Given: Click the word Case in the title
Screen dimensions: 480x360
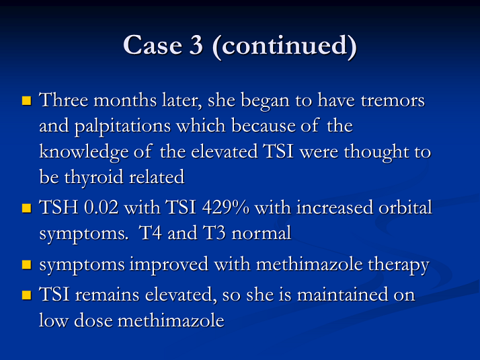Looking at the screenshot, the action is [x=153, y=45].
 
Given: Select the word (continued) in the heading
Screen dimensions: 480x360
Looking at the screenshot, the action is [x=284, y=46].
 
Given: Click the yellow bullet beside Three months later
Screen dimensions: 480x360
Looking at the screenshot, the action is [x=27, y=100].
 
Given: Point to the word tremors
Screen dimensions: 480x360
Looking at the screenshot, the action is [x=393, y=100].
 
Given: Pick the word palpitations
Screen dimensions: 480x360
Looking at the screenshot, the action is [x=122, y=127].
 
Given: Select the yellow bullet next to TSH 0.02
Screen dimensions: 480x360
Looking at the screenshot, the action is [x=27, y=209].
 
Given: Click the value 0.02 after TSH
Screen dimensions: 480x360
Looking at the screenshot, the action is [x=101, y=207].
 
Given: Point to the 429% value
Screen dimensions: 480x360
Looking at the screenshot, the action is [x=226, y=207].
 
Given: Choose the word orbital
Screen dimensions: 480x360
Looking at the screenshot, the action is [x=405, y=207].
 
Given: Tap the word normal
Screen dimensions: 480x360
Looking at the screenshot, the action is [x=261, y=233].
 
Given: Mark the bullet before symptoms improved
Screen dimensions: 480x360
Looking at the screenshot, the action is [x=27, y=264].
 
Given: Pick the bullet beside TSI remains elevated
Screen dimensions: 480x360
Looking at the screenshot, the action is [x=27, y=295].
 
